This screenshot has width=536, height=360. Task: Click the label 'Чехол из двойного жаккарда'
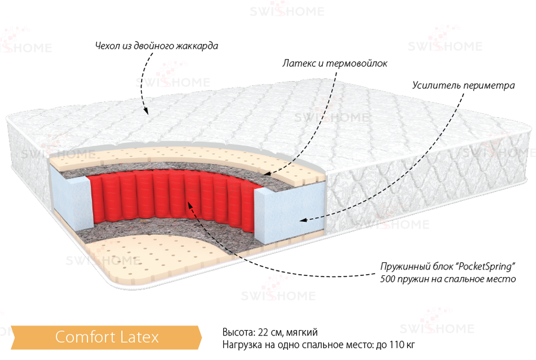tap(157, 46)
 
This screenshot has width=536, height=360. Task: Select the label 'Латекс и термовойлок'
tap(335, 63)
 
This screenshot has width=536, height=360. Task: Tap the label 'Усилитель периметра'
tap(463, 85)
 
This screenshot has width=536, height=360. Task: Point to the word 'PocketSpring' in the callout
tap(485, 266)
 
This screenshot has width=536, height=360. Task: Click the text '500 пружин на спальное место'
tap(448, 279)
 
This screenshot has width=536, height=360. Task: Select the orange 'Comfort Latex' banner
tap(107, 337)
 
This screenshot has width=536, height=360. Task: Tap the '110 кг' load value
tap(402, 345)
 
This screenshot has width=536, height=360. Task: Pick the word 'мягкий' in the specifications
tap(302, 333)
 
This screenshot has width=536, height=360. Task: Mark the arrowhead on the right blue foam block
tap(303, 220)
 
